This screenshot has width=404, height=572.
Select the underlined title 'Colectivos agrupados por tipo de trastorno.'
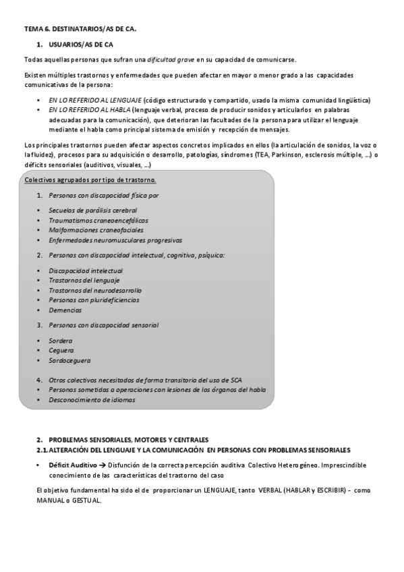(x=90, y=180)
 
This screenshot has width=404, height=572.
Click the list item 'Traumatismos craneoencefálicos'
(x=98, y=220)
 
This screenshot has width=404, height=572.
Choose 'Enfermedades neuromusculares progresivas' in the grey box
(x=115, y=239)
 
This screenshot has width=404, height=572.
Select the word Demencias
(x=65, y=310)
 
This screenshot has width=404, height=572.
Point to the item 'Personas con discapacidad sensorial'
(x=103, y=325)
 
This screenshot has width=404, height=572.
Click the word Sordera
(x=61, y=341)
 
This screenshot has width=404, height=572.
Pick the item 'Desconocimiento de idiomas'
(x=92, y=399)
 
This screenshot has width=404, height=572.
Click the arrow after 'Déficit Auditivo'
(x=103, y=465)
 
